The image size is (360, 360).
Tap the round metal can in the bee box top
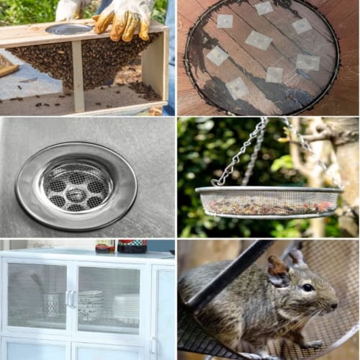coord(69,29)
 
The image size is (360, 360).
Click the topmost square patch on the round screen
coord(264,8)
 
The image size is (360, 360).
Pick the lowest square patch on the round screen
coord(238,88)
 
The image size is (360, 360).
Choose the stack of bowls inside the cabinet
coord(91,304)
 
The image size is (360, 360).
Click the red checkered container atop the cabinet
coord(132,246)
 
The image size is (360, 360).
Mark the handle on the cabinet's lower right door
coord(153,346)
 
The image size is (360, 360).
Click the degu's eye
coord(307,288)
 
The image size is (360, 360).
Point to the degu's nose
coord(335,306)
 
